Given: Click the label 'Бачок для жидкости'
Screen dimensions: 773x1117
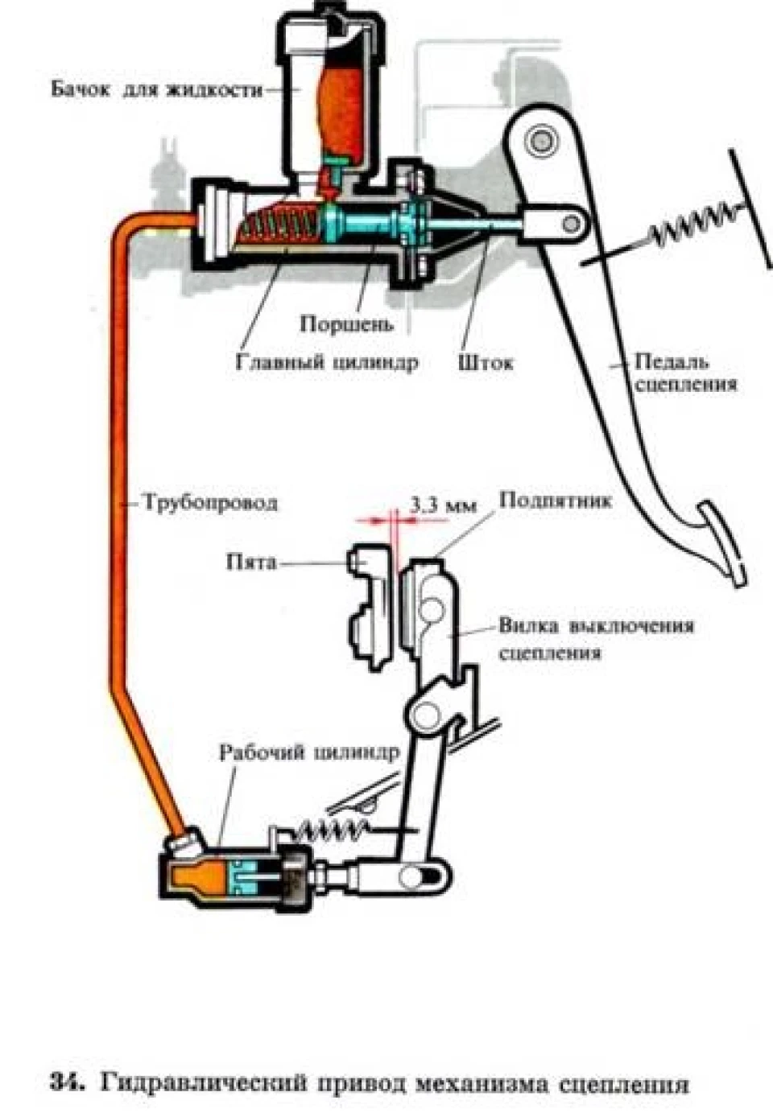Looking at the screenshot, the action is click(157, 90).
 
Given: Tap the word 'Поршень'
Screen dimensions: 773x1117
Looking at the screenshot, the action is click(347, 324).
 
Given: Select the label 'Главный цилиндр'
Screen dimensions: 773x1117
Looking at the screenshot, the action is click(326, 361).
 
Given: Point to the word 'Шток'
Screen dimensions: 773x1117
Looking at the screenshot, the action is click(485, 362).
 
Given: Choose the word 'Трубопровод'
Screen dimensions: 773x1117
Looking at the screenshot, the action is click(210, 503).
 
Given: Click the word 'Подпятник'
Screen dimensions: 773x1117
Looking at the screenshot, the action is click(555, 501).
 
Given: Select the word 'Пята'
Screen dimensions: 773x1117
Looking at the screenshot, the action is click(251, 563).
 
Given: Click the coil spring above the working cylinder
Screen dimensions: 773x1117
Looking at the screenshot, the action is click(333, 829).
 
